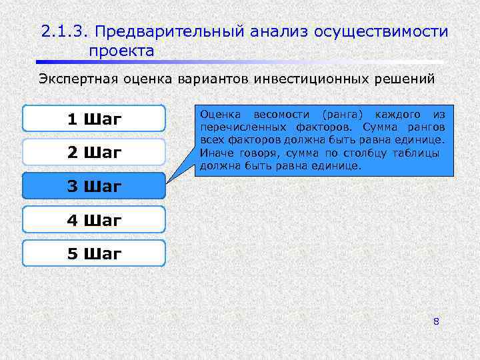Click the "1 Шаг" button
[93, 119]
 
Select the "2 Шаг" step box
[93, 153]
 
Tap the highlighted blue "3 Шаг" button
[93, 187]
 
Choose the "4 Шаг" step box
[93, 220]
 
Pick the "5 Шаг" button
[93, 253]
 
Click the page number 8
[436, 322]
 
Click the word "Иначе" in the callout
[215, 153]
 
